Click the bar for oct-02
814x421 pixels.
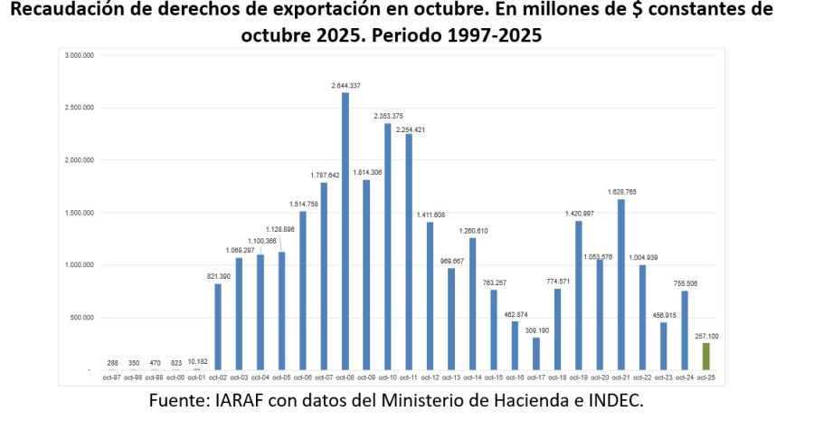[x=218, y=327]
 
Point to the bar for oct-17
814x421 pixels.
[x=536, y=354]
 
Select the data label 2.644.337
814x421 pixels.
[x=345, y=85]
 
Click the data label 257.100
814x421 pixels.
[x=705, y=336]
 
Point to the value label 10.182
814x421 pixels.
[x=197, y=362]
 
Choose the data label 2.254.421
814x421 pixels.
[x=409, y=129]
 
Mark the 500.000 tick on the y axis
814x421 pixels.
[x=82, y=318]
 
